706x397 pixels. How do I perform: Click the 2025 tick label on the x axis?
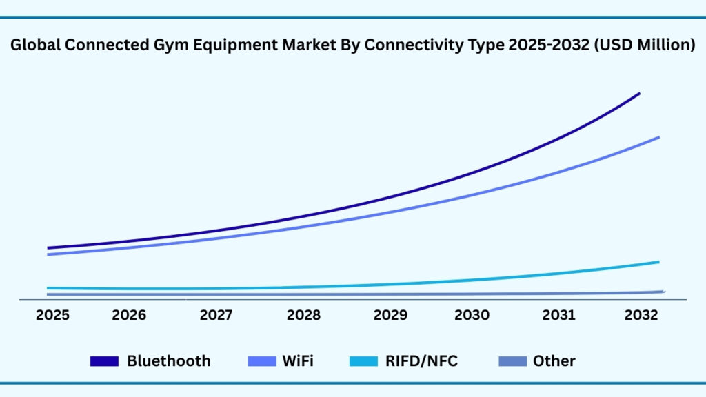click(x=52, y=315)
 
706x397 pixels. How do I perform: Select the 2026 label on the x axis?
click(x=129, y=315)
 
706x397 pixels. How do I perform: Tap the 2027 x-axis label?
click(x=216, y=315)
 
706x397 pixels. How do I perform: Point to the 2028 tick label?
click(x=303, y=315)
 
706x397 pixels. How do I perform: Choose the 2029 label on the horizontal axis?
click(x=390, y=315)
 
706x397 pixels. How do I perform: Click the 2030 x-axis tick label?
click(x=472, y=315)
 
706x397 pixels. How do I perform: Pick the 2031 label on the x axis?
click(x=559, y=315)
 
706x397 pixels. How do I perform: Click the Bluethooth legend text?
click(x=168, y=360)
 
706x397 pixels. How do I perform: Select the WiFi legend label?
click(x=298, y=360)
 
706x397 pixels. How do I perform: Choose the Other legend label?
click(x=554, y=360)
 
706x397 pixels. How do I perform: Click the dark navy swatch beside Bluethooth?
click(x=105, y=361)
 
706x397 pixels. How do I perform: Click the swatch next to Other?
click(x=512, y=361)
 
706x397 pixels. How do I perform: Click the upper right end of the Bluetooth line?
click(x=639, y=94)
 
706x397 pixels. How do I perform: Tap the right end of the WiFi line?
click(x=658, y=137)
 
